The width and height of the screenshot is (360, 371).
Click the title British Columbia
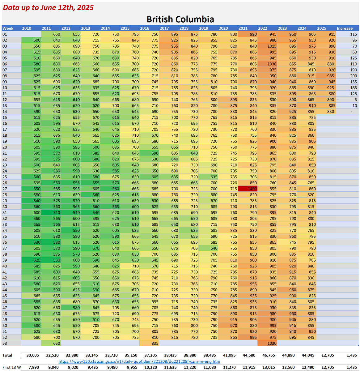180,19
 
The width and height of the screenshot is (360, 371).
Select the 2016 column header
145,28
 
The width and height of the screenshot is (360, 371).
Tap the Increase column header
345,28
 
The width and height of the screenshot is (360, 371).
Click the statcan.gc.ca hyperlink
139,361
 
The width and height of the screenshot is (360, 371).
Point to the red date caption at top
48,7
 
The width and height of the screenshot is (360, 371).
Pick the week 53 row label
5,343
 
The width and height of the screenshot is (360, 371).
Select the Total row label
7,355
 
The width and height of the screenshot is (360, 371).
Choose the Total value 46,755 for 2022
269,355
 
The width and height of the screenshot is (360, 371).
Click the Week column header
8,28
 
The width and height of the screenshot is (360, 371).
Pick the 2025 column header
322,28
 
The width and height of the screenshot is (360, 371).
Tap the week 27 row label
5,189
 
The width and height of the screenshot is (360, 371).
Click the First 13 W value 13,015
269,367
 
